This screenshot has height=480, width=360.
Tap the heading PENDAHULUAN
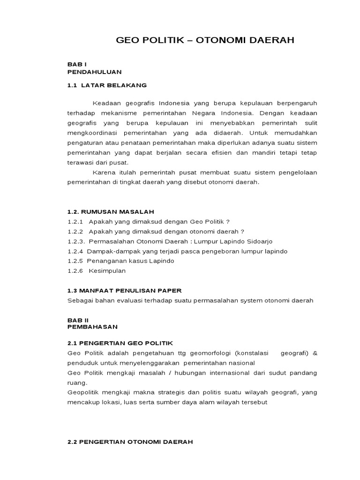click(x=94, y=72)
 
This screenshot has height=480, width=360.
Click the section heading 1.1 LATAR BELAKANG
click(x=107, y=85)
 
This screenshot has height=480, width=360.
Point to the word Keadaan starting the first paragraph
click(x=107, y=103)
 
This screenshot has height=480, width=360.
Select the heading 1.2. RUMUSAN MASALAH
click(x=111, y=212)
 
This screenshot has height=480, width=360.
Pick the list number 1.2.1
click(x=75, y=222)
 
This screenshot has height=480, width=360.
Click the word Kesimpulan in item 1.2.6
click(x=107, y=271)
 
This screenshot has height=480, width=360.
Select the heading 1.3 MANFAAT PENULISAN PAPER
click(x=124, y=291)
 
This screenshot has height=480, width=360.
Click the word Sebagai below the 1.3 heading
click(x=81, y=300)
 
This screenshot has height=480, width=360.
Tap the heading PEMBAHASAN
click(x=93, y=326)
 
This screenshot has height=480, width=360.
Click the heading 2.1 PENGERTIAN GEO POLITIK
click(x=120, y=344)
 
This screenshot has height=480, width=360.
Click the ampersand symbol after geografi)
click(x=315, y=353)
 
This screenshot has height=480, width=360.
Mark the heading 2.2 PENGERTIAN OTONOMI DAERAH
click(x=130, y=442)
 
